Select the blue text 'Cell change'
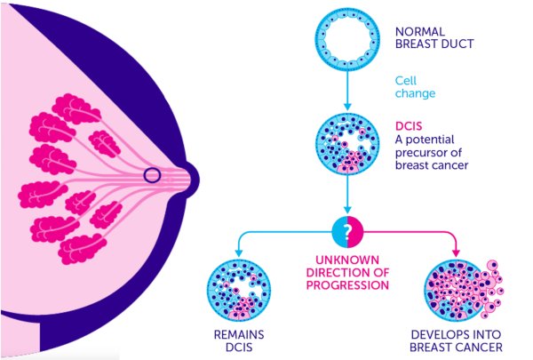tap(413, 90)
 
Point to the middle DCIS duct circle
tap(343, 143)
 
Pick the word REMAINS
tap(235, 335)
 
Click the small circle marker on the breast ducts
tap(153, 176)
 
